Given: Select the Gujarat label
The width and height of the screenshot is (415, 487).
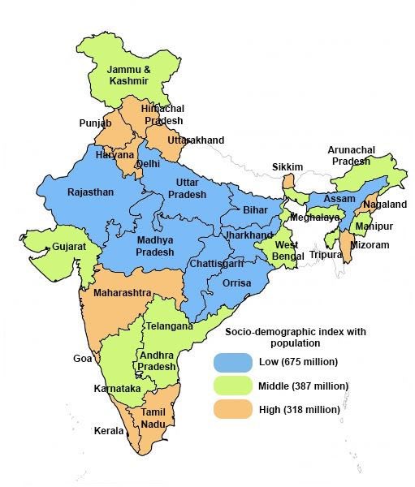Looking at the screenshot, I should [x=46, y=246].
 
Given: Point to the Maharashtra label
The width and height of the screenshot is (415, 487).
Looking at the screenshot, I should [x=122, y=291].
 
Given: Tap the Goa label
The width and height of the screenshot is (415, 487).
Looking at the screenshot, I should [x=81, y=358].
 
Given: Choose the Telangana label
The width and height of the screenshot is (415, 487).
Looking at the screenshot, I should [x=169, y=326].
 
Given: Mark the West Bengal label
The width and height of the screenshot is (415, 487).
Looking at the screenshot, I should [x=286, y=250].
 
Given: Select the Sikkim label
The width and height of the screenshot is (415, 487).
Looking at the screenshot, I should [x=287, y=167].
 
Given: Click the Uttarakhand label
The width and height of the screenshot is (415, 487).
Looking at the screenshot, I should [x=196, y=140].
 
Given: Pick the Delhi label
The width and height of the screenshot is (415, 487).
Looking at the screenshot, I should [x=149, y=163].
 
